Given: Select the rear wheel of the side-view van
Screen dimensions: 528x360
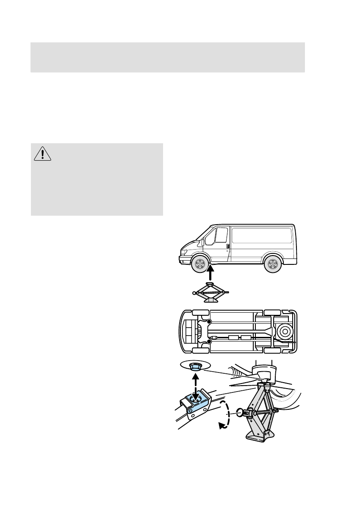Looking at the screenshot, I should coord(272,265).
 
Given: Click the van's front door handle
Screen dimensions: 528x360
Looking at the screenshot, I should coord(228,246).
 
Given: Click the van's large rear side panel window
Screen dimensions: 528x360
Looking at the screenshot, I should coord(262,235).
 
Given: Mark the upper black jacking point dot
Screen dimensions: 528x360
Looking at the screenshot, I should coord(208,322).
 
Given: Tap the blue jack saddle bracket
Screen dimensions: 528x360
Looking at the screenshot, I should coord(195,400).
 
